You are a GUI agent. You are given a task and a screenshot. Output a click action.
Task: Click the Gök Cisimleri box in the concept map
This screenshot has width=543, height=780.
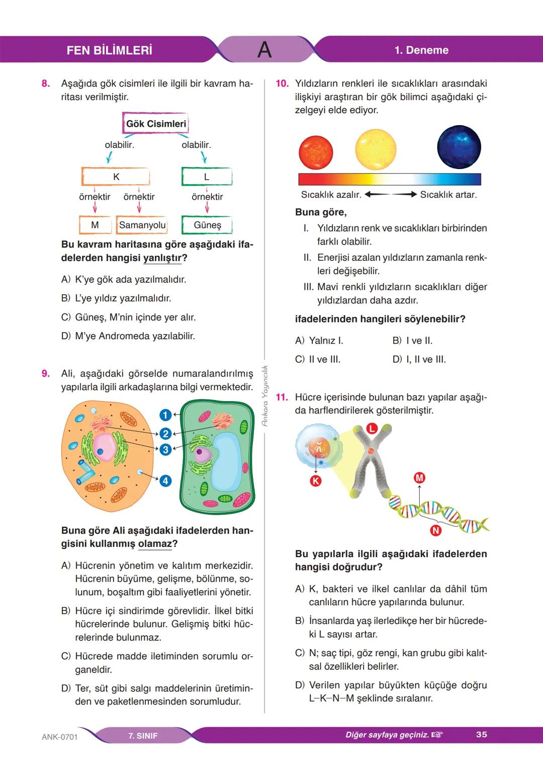155,124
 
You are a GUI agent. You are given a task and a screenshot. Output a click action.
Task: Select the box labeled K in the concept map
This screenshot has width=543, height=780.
116,177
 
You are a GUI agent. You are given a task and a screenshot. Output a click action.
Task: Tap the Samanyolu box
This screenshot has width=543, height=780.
142,225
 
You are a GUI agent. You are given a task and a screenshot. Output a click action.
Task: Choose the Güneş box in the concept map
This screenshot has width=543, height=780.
207,225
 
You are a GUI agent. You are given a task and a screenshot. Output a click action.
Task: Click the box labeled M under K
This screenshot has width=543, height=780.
95,225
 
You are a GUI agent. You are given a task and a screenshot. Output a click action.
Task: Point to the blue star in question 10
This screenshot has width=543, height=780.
459,147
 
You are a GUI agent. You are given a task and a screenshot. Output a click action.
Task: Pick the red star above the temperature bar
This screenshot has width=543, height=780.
316,152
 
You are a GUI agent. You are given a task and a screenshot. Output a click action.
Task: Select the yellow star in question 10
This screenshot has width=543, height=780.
376,149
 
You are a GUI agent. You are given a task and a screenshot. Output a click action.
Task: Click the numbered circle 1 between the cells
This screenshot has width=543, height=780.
165,415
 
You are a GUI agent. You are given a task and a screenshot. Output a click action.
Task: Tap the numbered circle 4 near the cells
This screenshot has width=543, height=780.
165,481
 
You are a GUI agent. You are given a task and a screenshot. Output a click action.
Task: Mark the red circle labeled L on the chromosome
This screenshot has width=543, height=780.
371,428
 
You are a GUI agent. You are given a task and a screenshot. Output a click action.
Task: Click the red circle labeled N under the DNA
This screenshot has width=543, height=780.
435,530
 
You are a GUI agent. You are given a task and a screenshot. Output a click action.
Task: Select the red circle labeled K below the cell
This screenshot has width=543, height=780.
315,481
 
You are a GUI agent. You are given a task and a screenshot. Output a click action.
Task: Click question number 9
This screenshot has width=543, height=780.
46,373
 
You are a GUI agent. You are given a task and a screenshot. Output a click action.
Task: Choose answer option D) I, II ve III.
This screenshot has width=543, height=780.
419,359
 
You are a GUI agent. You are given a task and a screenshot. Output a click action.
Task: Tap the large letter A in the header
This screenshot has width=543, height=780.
264,50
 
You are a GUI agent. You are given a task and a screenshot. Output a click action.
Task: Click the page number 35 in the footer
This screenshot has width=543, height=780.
481,735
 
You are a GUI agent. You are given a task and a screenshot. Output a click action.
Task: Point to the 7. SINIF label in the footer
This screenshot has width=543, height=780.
143,736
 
